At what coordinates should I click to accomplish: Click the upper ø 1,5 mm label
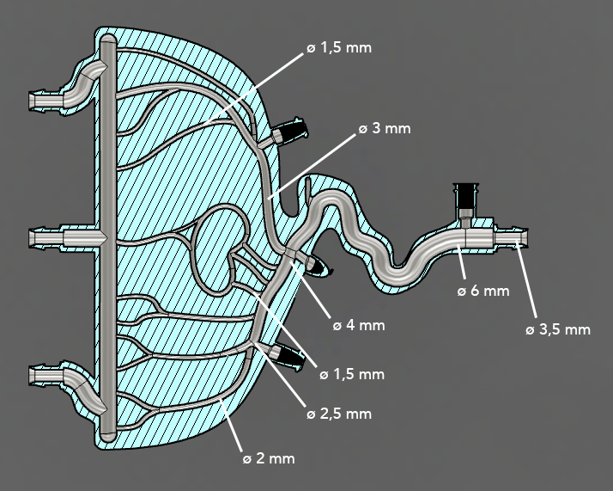339,47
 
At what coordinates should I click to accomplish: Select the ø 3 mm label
385,129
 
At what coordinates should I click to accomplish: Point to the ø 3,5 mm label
558,329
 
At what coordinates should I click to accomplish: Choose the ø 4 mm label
359,325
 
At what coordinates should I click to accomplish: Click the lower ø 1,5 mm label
351,375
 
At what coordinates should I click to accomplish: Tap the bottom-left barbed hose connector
46,375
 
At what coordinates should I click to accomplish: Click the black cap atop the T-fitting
466,193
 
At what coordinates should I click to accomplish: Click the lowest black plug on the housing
290,355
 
